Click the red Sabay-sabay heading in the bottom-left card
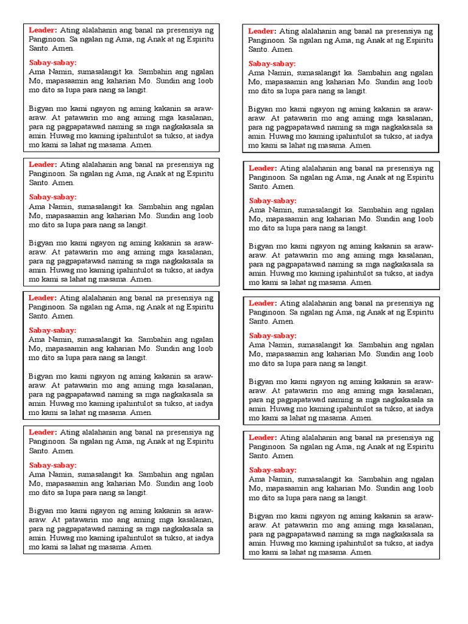[52, 465]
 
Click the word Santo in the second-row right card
[258, 186]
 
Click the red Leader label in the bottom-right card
[262, 438]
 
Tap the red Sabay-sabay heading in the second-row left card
[52, 197]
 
